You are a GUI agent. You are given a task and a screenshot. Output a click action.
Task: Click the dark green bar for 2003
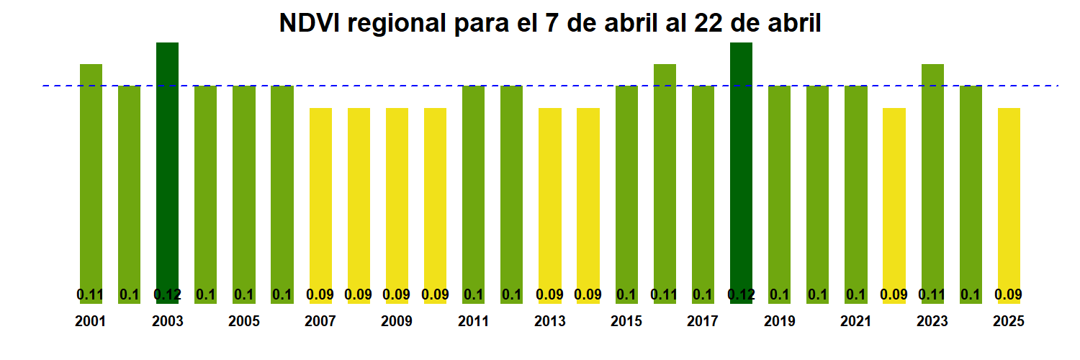tap(168, 166)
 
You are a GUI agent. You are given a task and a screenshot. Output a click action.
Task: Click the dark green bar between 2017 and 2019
tap(741, 166)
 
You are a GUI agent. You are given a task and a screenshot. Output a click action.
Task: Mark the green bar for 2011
tap(473, 187)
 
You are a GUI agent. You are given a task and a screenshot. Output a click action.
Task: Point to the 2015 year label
tap(626, 321)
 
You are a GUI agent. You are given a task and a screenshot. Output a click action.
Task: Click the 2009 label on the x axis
tap(397, 321)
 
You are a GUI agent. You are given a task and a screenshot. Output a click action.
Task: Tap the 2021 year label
tap(855, 321)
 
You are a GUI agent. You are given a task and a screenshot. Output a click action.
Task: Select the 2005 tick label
tap(244, 321)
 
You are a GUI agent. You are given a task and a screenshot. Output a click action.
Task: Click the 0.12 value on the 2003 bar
tap(168, 294)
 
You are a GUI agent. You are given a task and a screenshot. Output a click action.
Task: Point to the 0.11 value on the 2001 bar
tap(91, 294)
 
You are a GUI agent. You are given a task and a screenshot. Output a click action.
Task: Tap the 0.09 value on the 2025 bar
tap(1009, 294)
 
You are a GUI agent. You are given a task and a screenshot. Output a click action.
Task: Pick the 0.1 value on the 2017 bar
tap(703, 294)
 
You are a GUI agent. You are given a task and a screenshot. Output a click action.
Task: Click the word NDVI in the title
tap(309, 23)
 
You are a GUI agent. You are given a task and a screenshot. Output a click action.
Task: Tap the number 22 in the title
tap(708, 23)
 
